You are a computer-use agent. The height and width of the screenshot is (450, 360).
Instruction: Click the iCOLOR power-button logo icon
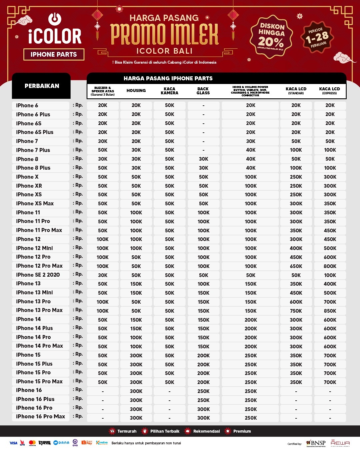coord(55,19)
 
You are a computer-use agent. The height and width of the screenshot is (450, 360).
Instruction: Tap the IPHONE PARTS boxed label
coord(54,54)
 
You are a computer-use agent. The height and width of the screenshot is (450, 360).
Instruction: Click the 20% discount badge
coord(271,37)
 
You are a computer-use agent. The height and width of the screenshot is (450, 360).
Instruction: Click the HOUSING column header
coord(136,91)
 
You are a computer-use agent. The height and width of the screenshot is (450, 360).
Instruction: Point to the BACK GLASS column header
coord(203,91)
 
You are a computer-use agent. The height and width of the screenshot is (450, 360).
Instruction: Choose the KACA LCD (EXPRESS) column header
coord(329,91)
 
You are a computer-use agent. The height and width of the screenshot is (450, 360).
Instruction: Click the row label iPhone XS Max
coord(35,203)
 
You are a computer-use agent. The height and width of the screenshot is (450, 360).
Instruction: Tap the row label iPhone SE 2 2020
coord(38,275)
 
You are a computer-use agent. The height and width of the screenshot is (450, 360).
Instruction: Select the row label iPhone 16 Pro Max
coord(41,417)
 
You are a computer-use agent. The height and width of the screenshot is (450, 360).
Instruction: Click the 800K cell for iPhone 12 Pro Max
coord(330,266)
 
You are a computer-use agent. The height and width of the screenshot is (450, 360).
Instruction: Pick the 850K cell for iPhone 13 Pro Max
coord(330,311)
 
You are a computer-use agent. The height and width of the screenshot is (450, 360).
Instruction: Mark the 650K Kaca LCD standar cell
coord(296,266)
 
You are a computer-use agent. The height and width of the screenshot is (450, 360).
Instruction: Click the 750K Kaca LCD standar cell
coord(296,311)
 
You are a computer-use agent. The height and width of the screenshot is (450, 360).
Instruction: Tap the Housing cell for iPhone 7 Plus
coord(136,150)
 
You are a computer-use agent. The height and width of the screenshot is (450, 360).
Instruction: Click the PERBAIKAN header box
coord(42,86)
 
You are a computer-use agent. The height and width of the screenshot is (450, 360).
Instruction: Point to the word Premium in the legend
coord(242,431)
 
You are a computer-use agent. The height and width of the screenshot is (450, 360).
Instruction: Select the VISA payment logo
coord(13,443)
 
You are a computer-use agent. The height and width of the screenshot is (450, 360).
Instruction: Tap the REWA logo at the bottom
coord(340,443)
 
